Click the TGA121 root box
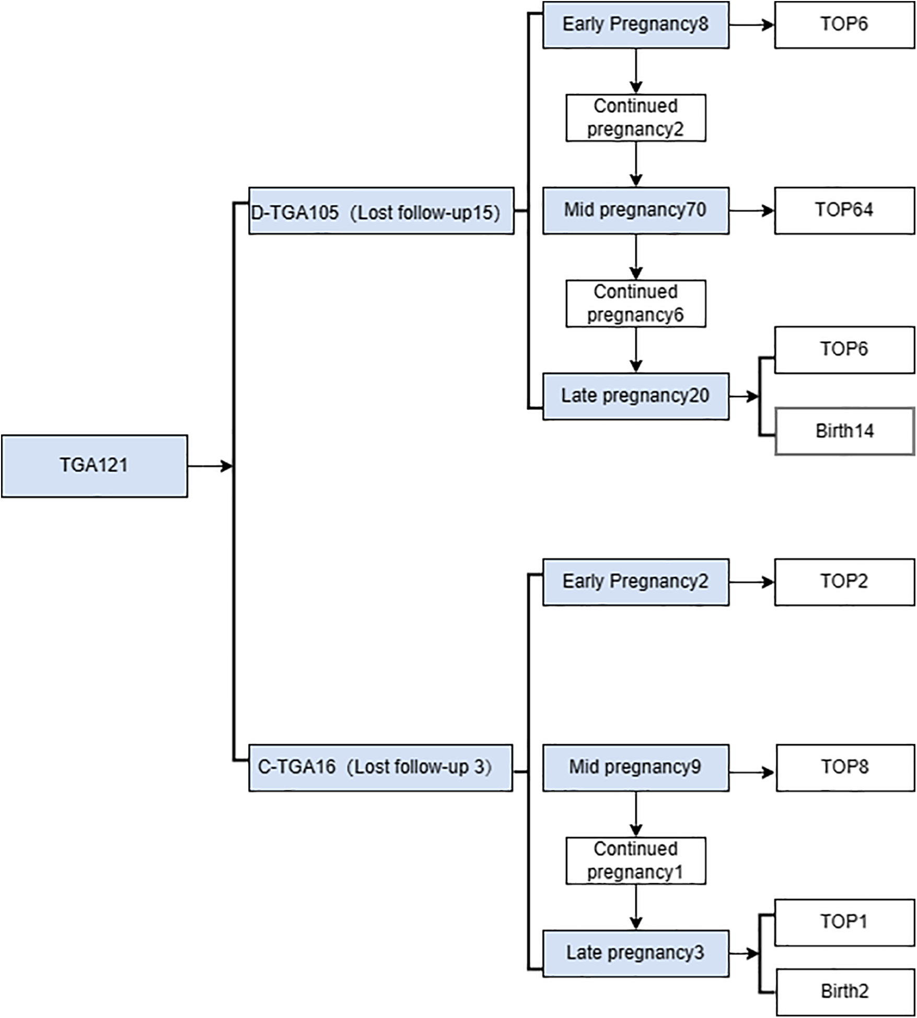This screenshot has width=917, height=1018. [x=94, y=466]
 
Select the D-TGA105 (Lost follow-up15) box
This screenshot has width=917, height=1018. [x=381, y=211]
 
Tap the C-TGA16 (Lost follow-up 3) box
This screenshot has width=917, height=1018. [x=380, y=768]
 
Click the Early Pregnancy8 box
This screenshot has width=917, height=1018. [x=635, y=25]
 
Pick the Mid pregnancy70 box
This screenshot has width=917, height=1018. [x=635, y=211]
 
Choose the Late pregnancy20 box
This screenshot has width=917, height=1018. [x=635, y=396]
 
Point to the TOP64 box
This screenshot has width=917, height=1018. [x=844, y=211]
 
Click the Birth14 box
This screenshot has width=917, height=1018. [x=844, y=431]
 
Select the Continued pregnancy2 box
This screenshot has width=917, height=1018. [x=635, y=118]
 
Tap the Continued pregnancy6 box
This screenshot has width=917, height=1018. [x=635, y=304]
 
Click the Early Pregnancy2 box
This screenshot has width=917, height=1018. [x=635, y=582]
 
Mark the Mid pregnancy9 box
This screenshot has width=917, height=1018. [x=635, y=768]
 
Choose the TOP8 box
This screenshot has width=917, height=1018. [x=844, y=768]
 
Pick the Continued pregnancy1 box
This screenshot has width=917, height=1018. [x=635, y=861]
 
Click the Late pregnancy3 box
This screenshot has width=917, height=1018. [x=635, y=953]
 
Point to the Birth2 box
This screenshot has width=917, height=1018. [x=844, y=991]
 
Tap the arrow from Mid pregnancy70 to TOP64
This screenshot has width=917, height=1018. [x=751, y=211]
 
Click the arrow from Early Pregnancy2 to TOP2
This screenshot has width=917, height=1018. [x=751, y=582]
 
